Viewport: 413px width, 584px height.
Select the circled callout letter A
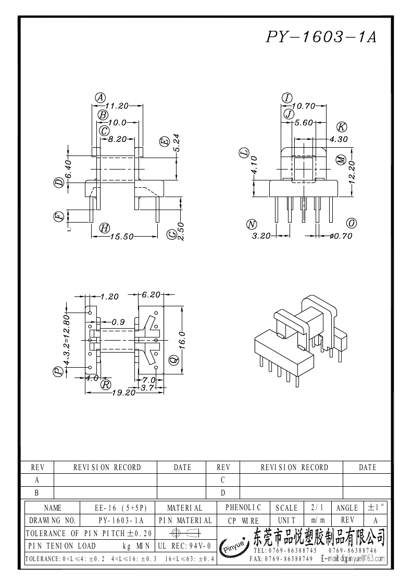click(x=101, y=97)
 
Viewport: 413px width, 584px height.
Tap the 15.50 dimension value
click(x=122, y=237)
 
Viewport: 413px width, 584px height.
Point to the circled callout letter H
click(x=104, y=227)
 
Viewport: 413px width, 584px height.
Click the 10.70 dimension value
click(x=304, y=106)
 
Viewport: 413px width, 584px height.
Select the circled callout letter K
click(x=342, y=127)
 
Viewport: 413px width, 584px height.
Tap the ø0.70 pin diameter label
click(x=341, y=236)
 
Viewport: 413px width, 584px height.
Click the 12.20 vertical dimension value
click(x=352, y=173)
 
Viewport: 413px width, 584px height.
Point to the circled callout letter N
click(x=252, y=225)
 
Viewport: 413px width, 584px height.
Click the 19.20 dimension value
click(x=123, y=393)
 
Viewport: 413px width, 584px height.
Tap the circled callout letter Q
click(x=173, y=359)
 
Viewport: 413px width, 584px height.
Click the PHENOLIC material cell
click(x=243, y=507)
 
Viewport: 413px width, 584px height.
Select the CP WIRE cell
click(x=243, y=520)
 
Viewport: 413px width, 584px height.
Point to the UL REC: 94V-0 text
click(x=184, y=546)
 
